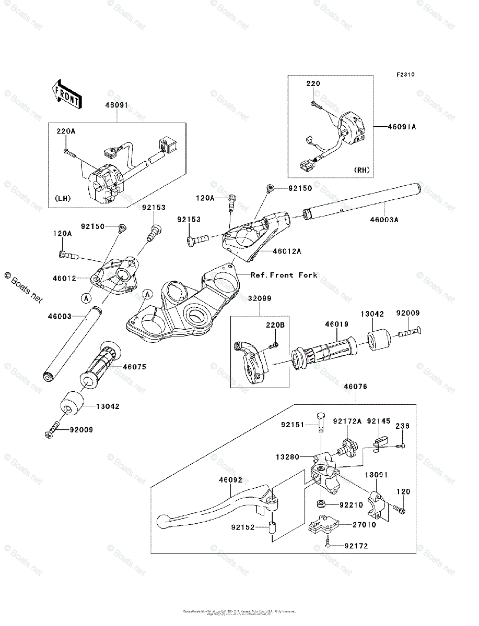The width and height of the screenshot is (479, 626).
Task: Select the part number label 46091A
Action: point(402,127)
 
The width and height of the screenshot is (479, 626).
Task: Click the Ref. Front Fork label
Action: point(284,275)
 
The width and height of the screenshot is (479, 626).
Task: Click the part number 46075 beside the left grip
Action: point(134,367)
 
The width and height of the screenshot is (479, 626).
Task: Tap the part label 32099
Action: point(260,299)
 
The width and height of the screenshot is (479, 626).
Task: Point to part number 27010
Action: point(364,525)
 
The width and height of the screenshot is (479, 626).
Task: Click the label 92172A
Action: point(347,420)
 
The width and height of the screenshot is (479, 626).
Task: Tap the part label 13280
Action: point(288,457)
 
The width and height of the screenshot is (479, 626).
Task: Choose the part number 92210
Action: point(351,505)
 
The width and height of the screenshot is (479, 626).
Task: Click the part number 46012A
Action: point(287,251)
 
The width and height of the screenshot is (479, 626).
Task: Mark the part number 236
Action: point(403,426)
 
